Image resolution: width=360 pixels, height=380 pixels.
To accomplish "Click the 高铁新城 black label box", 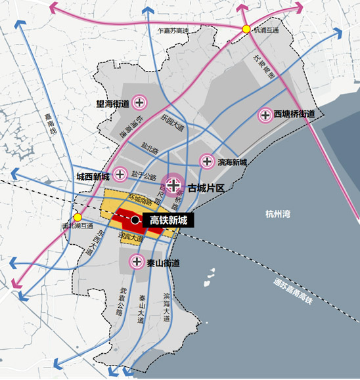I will (x=169, y=221).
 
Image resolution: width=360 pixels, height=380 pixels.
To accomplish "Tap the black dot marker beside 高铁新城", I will (x=135, y=221).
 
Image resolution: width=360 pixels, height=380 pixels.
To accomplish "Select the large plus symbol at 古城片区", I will (x=174, y=186).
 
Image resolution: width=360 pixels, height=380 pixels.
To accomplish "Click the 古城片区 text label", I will (x=206, y=188).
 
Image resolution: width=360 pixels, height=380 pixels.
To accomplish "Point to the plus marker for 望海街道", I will (x=139, y=102).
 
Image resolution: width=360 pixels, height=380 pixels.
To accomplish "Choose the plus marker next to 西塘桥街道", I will (x=265, y=115).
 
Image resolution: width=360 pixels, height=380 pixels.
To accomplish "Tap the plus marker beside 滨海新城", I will (x=207, y=161).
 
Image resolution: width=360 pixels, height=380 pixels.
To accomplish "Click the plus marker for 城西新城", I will (x=120, y=175).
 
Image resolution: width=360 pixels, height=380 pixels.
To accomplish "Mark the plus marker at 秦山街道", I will (x=137, y=262).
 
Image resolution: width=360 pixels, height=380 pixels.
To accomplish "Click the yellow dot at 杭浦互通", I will (x=246, y=29).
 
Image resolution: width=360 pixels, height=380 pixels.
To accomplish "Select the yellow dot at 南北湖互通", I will (x=78, y=217).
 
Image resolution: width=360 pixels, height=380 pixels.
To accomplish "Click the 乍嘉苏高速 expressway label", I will (x=169, y=31).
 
